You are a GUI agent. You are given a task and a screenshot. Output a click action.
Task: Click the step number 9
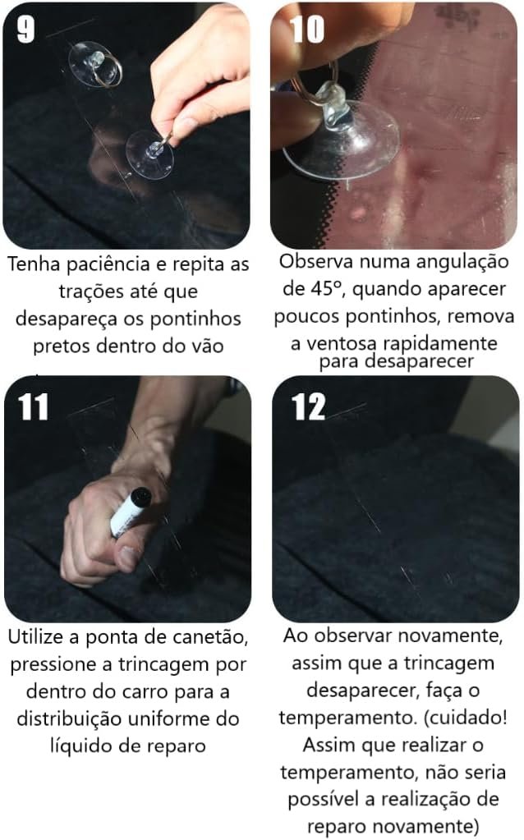25,29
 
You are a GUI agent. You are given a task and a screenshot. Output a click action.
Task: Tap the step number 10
307,29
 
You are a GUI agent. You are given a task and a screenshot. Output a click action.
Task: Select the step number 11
33,406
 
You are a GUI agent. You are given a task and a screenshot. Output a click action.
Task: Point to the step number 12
309,406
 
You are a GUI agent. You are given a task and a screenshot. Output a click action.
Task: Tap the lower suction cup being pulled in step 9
150,155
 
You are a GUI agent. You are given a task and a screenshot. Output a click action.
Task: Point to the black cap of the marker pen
140,498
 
